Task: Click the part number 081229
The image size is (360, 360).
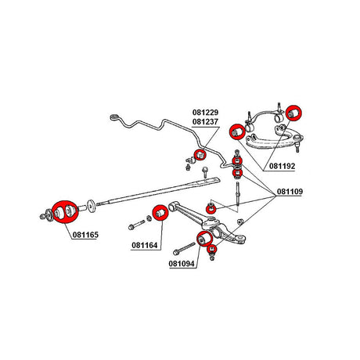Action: [x=205, y=113]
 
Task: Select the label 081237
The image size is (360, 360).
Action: [x=205, y=122]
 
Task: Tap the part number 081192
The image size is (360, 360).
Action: [x=282, y=166]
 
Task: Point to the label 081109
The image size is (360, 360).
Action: [x=290, y=192]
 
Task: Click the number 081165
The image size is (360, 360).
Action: [x=85, y=235]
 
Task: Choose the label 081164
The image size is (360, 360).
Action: [x=145, y=245]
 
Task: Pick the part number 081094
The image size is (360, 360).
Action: [x=182, y=264]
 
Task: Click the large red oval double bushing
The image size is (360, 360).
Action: [x=65, y=212]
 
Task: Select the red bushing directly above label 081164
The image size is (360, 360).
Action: [x=160, y=213]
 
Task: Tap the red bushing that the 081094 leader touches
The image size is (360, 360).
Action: [x=204, y=239]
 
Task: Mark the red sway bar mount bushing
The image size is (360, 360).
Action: [x=200, y=155]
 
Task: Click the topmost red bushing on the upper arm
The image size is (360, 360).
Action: [x=293, y=113]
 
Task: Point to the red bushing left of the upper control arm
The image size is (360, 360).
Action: [x=237, y=131]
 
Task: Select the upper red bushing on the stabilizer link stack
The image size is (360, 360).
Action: [x=237, y=161]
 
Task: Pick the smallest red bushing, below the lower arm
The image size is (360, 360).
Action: [x=211, y=250]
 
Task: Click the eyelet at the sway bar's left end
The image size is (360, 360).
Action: [x=114, y=117]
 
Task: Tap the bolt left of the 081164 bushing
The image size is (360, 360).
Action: [x=136, y=225]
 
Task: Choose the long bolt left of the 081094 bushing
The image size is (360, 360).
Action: [x=184, y=249]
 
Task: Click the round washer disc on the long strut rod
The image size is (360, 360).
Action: [x=92, y=206]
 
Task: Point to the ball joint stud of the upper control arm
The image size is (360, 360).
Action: [x=297, y=147]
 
